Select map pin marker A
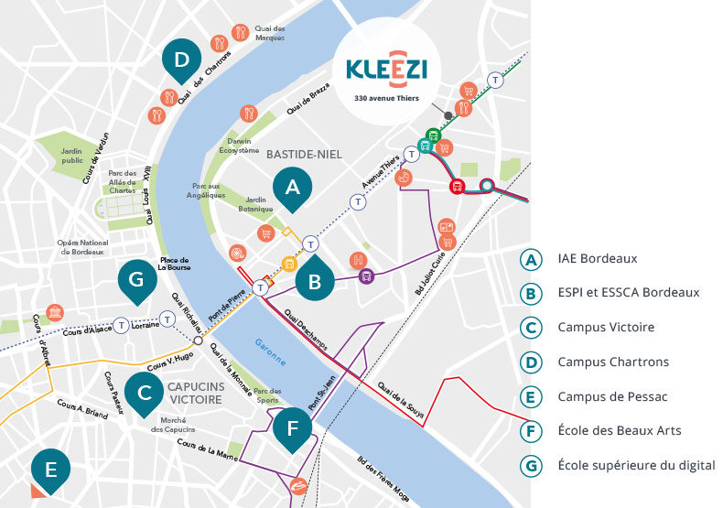tap(292, 188)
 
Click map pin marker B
tap(314, 282)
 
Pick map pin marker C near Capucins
tap(144, 394)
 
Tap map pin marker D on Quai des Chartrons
tap(181, 60)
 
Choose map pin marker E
tap(50, 470)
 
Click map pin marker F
tap(292, 427)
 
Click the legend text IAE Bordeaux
tap(597, 259)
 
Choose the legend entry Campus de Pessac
tap(611, 396)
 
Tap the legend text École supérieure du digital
tap(636, 465)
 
